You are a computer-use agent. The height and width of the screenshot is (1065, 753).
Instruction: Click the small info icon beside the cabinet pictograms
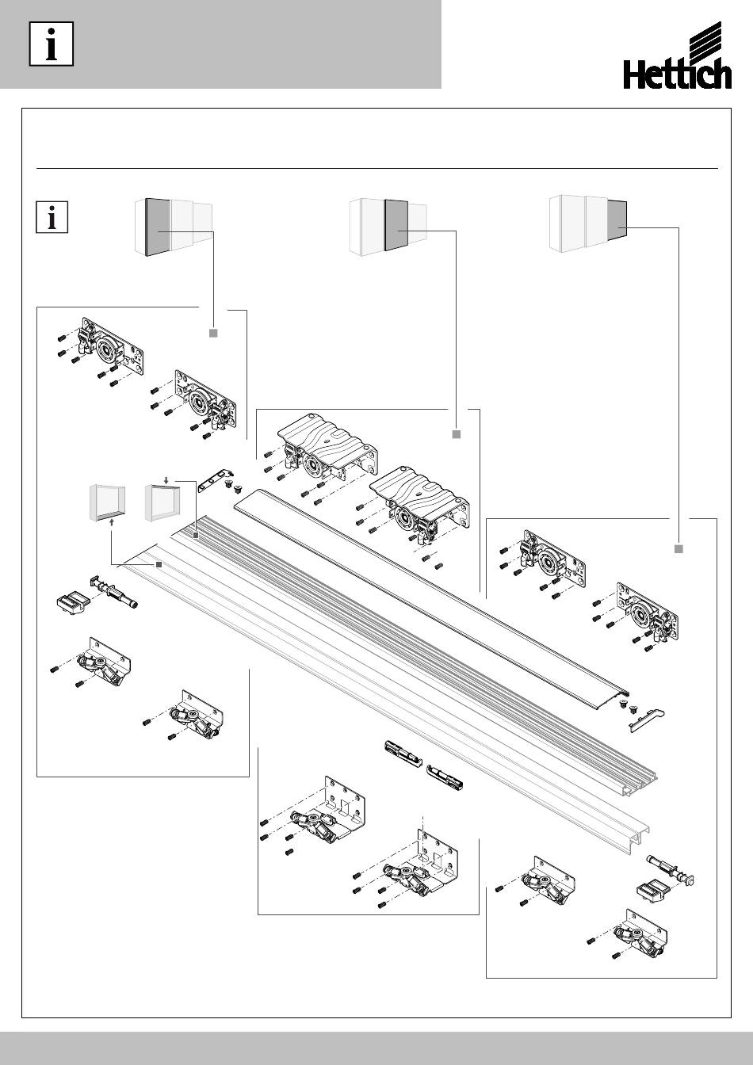tap(54, 218)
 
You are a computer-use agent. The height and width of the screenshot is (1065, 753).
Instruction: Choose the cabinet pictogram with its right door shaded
tap(589, 223)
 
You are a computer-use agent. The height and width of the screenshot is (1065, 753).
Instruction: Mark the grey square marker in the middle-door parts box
tap(456, 434)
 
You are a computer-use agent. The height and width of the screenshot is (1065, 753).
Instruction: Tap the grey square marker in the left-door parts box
tap(212, 333)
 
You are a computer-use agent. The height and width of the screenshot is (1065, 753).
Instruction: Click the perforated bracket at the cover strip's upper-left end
tap(215, 479)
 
